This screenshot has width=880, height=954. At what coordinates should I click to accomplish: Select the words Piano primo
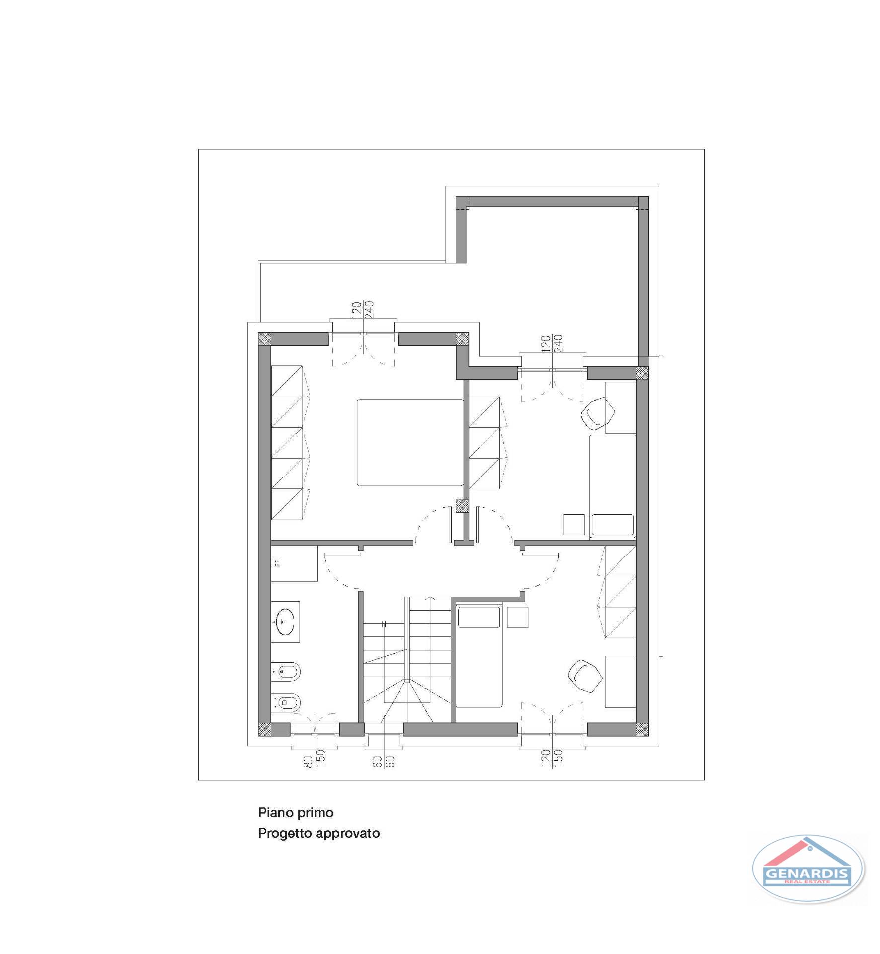tap(296, 813)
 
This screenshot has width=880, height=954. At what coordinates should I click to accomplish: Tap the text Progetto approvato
tap(319, 833)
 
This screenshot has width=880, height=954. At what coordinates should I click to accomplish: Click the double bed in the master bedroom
tap(410, 443)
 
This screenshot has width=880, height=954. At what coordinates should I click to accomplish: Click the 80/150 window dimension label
tap(315, 760)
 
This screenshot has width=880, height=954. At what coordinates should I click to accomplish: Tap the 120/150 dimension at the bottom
tap(552, 760)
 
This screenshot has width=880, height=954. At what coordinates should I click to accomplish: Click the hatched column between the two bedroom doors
tap(463, 506)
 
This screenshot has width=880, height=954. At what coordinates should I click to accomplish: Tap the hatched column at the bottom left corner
tap(264, 729)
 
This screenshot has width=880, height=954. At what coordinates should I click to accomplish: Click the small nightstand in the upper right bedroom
tap(574, 524)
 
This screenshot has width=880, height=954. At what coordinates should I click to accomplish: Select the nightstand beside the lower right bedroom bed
tap(517, 617)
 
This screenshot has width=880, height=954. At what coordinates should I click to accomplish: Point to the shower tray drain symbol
tap(277, 563)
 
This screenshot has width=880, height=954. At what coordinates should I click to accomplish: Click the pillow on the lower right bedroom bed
tap(479, 617)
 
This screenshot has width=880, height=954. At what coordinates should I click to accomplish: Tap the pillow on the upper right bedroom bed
tap(612, 525)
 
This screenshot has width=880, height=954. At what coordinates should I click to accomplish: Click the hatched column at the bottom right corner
tap(642, 729)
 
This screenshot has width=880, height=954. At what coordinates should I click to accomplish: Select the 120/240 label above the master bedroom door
tap(363, 311)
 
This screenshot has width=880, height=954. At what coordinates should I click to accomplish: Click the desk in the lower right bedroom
tap(620, 681)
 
